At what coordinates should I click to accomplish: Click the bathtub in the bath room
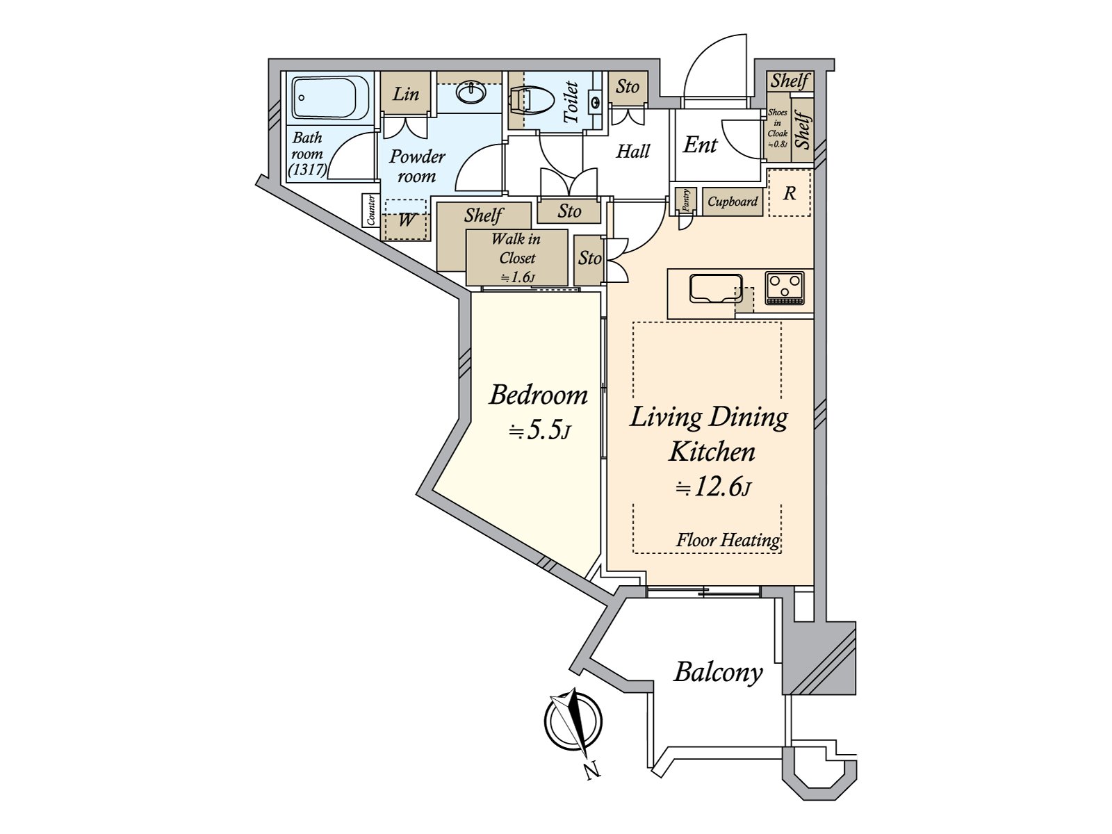point(331,98)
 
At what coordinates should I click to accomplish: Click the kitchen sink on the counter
point(716,288)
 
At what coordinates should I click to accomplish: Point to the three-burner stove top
point(784,288)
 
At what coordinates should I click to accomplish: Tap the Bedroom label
point(538,395)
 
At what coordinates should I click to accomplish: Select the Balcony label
point(719,673)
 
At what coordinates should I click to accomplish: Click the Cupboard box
point(733,202)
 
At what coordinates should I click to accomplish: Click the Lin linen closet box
point(406,94)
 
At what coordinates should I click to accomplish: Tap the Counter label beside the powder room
point(371,210)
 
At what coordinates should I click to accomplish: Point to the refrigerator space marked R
point(790,193)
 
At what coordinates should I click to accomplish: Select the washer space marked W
point(406,220)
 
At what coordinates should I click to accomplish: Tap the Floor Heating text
point(728,540)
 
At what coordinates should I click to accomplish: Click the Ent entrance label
point(700,145)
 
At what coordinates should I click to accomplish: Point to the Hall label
point(632,151)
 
